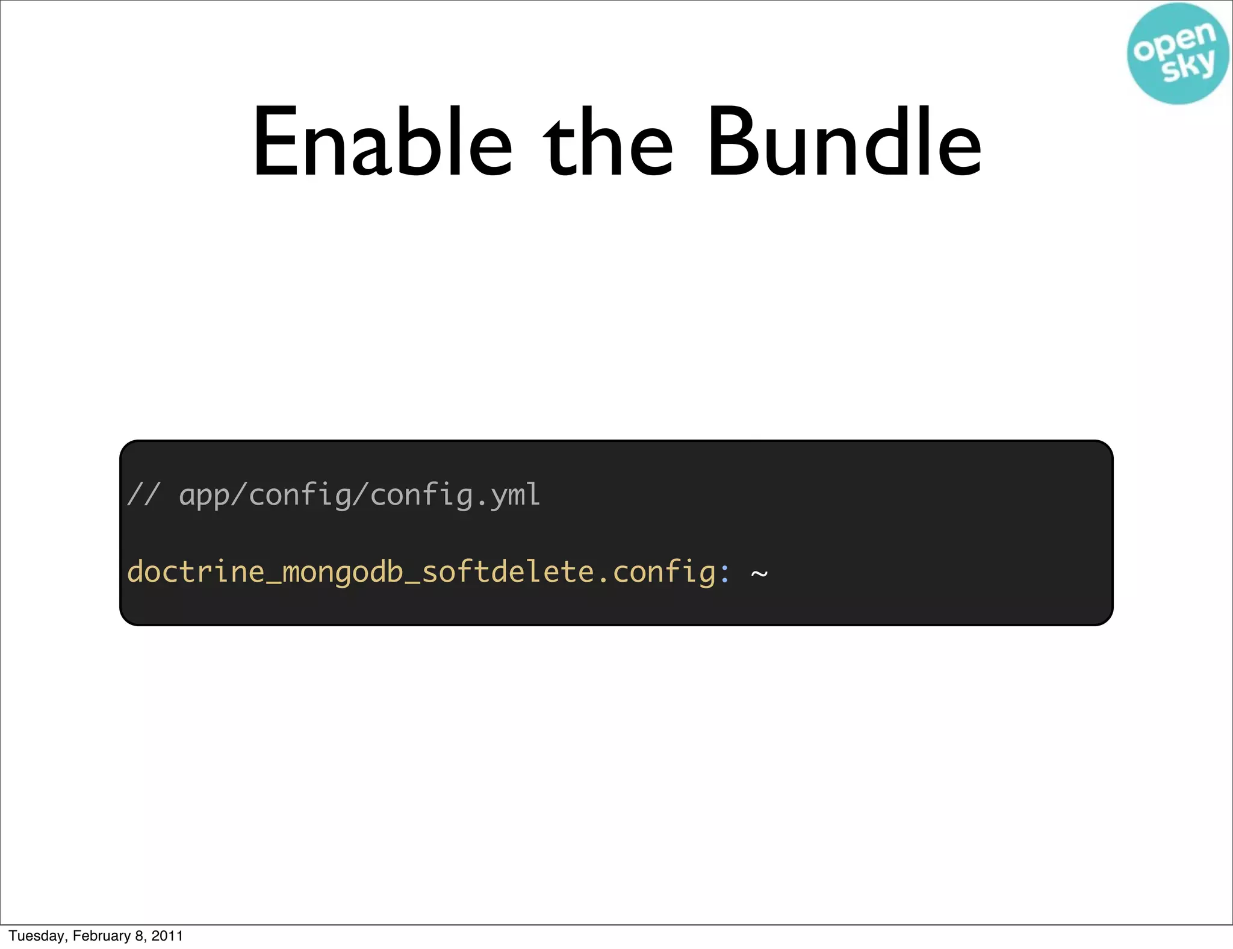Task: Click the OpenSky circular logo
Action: pyautogui.click(x=1178, y=54)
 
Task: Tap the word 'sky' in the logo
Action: pyautogui.click(x=1188, y=66)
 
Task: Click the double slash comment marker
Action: pyautogui.click(x=143, y=495)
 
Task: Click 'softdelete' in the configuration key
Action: pyautogui.click(x=508, y=571)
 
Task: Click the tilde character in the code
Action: pyautogui.click(x=759, y=573)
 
